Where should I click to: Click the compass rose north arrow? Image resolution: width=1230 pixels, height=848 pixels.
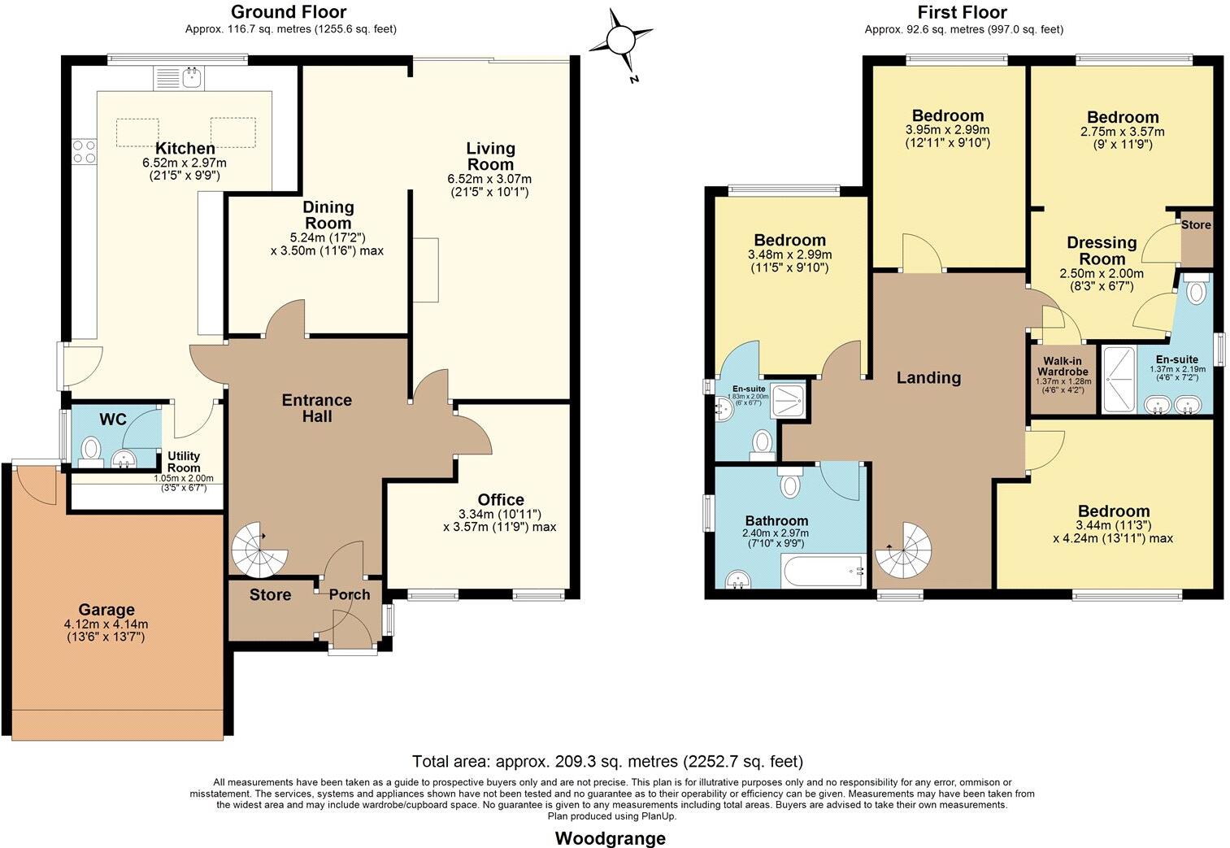pyautogui.click(x=622, y=40)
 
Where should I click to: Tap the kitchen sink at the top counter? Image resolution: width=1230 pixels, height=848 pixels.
pyautogui.click(x=193, y=78)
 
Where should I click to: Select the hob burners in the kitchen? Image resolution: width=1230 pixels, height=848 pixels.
pyautogui.click(x=84, y=151)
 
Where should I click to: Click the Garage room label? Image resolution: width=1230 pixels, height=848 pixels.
pyautogui.click(x=106, y=610)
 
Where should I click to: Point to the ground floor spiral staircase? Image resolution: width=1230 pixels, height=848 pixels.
pyautogui.click(x=259, y=550)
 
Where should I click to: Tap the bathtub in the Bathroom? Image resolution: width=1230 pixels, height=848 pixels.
pyautogui.click(x=823, y=571)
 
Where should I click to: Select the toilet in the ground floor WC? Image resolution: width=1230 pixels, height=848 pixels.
pyautogui.click(x=91, y=449)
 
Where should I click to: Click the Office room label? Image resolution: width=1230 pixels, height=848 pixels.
pyautogui.click(x=501, y=499)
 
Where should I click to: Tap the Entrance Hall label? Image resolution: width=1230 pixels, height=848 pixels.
pyautogui.click(x=317, y=408)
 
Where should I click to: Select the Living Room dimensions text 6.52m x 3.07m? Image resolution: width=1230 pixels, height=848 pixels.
pyautogui.click(x=489, y=179)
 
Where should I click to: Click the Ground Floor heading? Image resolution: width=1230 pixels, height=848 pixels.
pyautogui.click(x=289, y=11)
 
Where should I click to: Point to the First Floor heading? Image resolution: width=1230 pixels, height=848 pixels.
pyautogui.click(x=963, y=12)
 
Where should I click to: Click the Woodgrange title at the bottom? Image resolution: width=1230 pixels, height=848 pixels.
pyautogui.click(x=610, y=838)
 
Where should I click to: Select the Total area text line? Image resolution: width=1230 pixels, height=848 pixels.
pyautogui.click(x=607, y=762)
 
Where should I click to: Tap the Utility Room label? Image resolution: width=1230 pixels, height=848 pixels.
pyautogui.click(x=184, y=462)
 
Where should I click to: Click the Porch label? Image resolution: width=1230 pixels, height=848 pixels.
pyautogui.click(x=350, y=594)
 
